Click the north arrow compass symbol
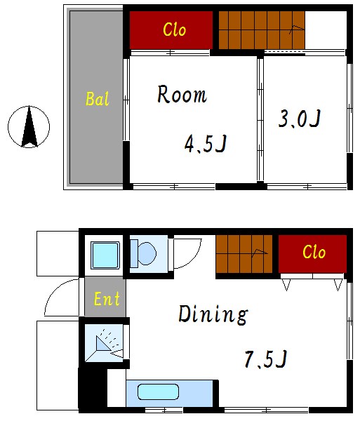click(29, 127)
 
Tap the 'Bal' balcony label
click(98, 99)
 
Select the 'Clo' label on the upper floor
click(174, 29)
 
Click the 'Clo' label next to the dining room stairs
click(314, 252)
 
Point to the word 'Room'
click(182, 95)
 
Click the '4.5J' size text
click(205, 145)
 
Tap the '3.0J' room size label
click(300, 119)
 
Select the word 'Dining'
click(212, 314)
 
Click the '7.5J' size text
click(265, 359)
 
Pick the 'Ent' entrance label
click(106, 300)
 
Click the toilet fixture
click(145, 253)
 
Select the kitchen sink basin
click(158, 392)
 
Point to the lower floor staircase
click(243, 253)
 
